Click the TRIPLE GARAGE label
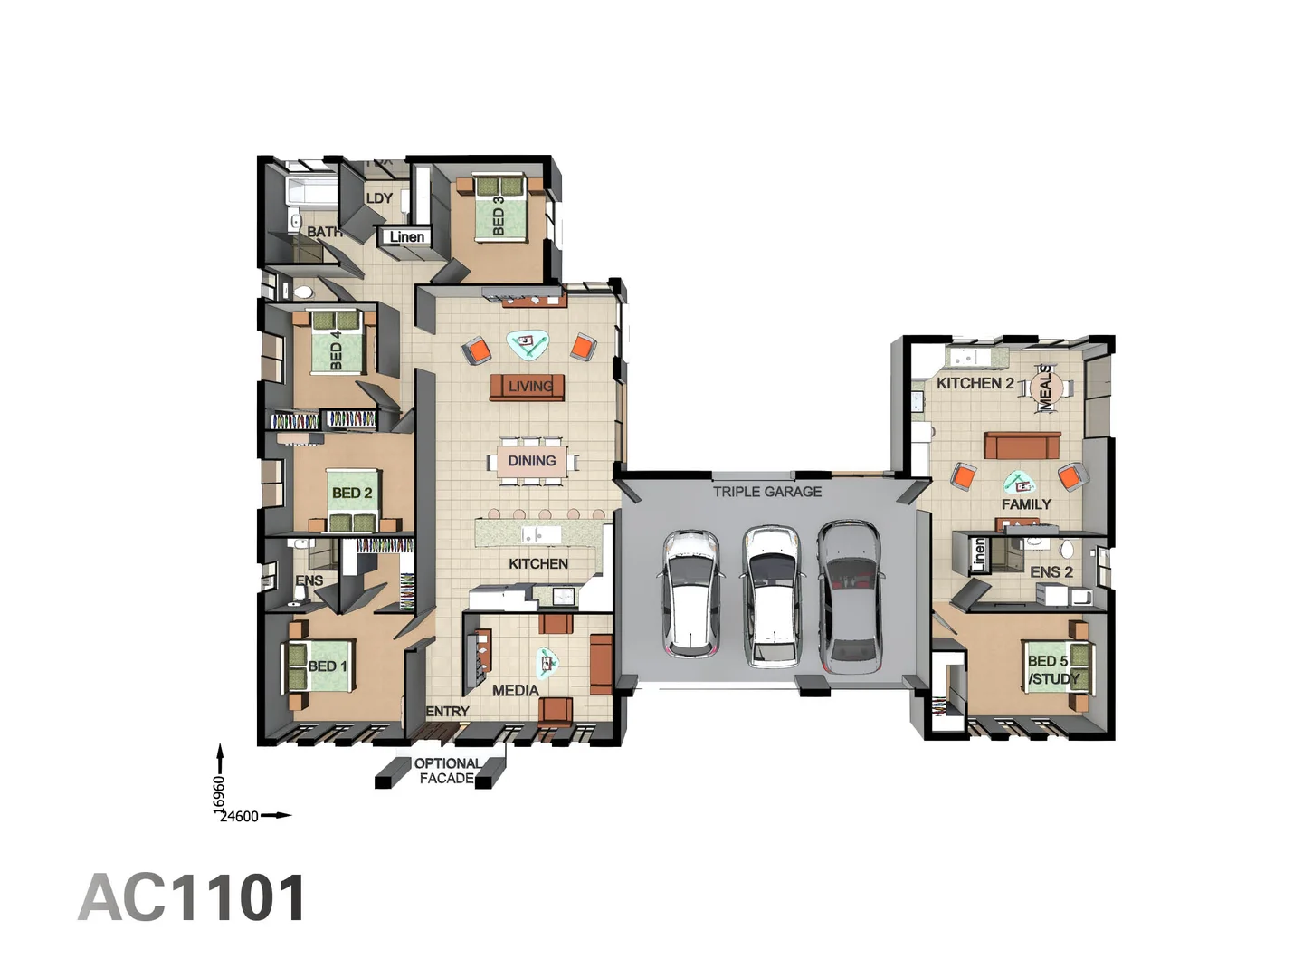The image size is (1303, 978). coord(767,492)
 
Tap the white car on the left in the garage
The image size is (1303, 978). coord(692,593)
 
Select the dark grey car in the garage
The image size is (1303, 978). coord(850,595)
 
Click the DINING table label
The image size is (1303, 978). coord(532,461)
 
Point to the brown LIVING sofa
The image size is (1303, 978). coord(528,387)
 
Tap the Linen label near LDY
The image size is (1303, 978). coord(406,237)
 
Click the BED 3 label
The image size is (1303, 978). coord(499,216)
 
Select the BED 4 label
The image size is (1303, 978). coord(337,350)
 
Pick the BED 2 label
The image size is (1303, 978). coord(352,494)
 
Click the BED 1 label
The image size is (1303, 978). coord(327,666)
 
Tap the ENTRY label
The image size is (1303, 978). coord(448,712)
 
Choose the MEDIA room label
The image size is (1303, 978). coord(516,690)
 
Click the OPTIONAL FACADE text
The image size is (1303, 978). coord(447,771)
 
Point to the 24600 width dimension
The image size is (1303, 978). coord(239,817)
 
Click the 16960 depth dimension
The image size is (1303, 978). coord(219,795)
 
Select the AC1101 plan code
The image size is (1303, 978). coord(193,898)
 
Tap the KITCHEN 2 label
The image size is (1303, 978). coord(975,383)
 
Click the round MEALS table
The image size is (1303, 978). coord(1045,388)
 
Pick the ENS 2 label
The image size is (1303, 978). coord(1051,572)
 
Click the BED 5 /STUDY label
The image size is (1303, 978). coord(1052,670)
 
